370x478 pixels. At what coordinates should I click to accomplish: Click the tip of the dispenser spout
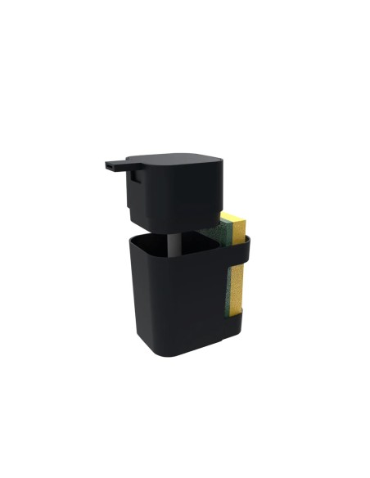click(x=108, y=166)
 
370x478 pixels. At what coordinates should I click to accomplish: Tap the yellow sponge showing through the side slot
click(x=235, y=286)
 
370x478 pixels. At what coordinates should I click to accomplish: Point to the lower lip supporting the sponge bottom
click(x=237, y=315)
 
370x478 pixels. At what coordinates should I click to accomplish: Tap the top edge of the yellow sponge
click(x=232, y=215)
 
